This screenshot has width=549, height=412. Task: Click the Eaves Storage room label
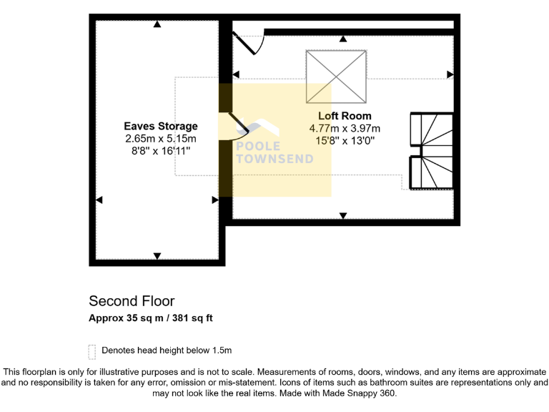point(161,127)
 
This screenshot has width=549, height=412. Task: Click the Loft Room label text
point(345,116)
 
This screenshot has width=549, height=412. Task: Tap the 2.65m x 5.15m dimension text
point(161,139)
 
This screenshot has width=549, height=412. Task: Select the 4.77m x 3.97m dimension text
point(345,128)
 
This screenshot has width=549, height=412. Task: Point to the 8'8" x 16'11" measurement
point(161,151)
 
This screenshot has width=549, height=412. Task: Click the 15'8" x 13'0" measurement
point(345,140)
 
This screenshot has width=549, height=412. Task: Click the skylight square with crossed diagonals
point(336,77)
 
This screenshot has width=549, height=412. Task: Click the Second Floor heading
point(132,301)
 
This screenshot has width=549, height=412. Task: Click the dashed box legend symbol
point(91,351)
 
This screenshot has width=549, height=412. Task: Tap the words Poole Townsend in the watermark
point(274,152)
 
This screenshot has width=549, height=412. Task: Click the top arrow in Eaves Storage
point(157,25)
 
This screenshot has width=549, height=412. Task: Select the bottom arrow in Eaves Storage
point(157,256)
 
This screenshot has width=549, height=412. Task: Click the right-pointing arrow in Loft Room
point(450,74)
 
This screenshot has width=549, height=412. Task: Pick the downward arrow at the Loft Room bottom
point(343,215)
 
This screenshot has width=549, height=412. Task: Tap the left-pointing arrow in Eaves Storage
point(99,200)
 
